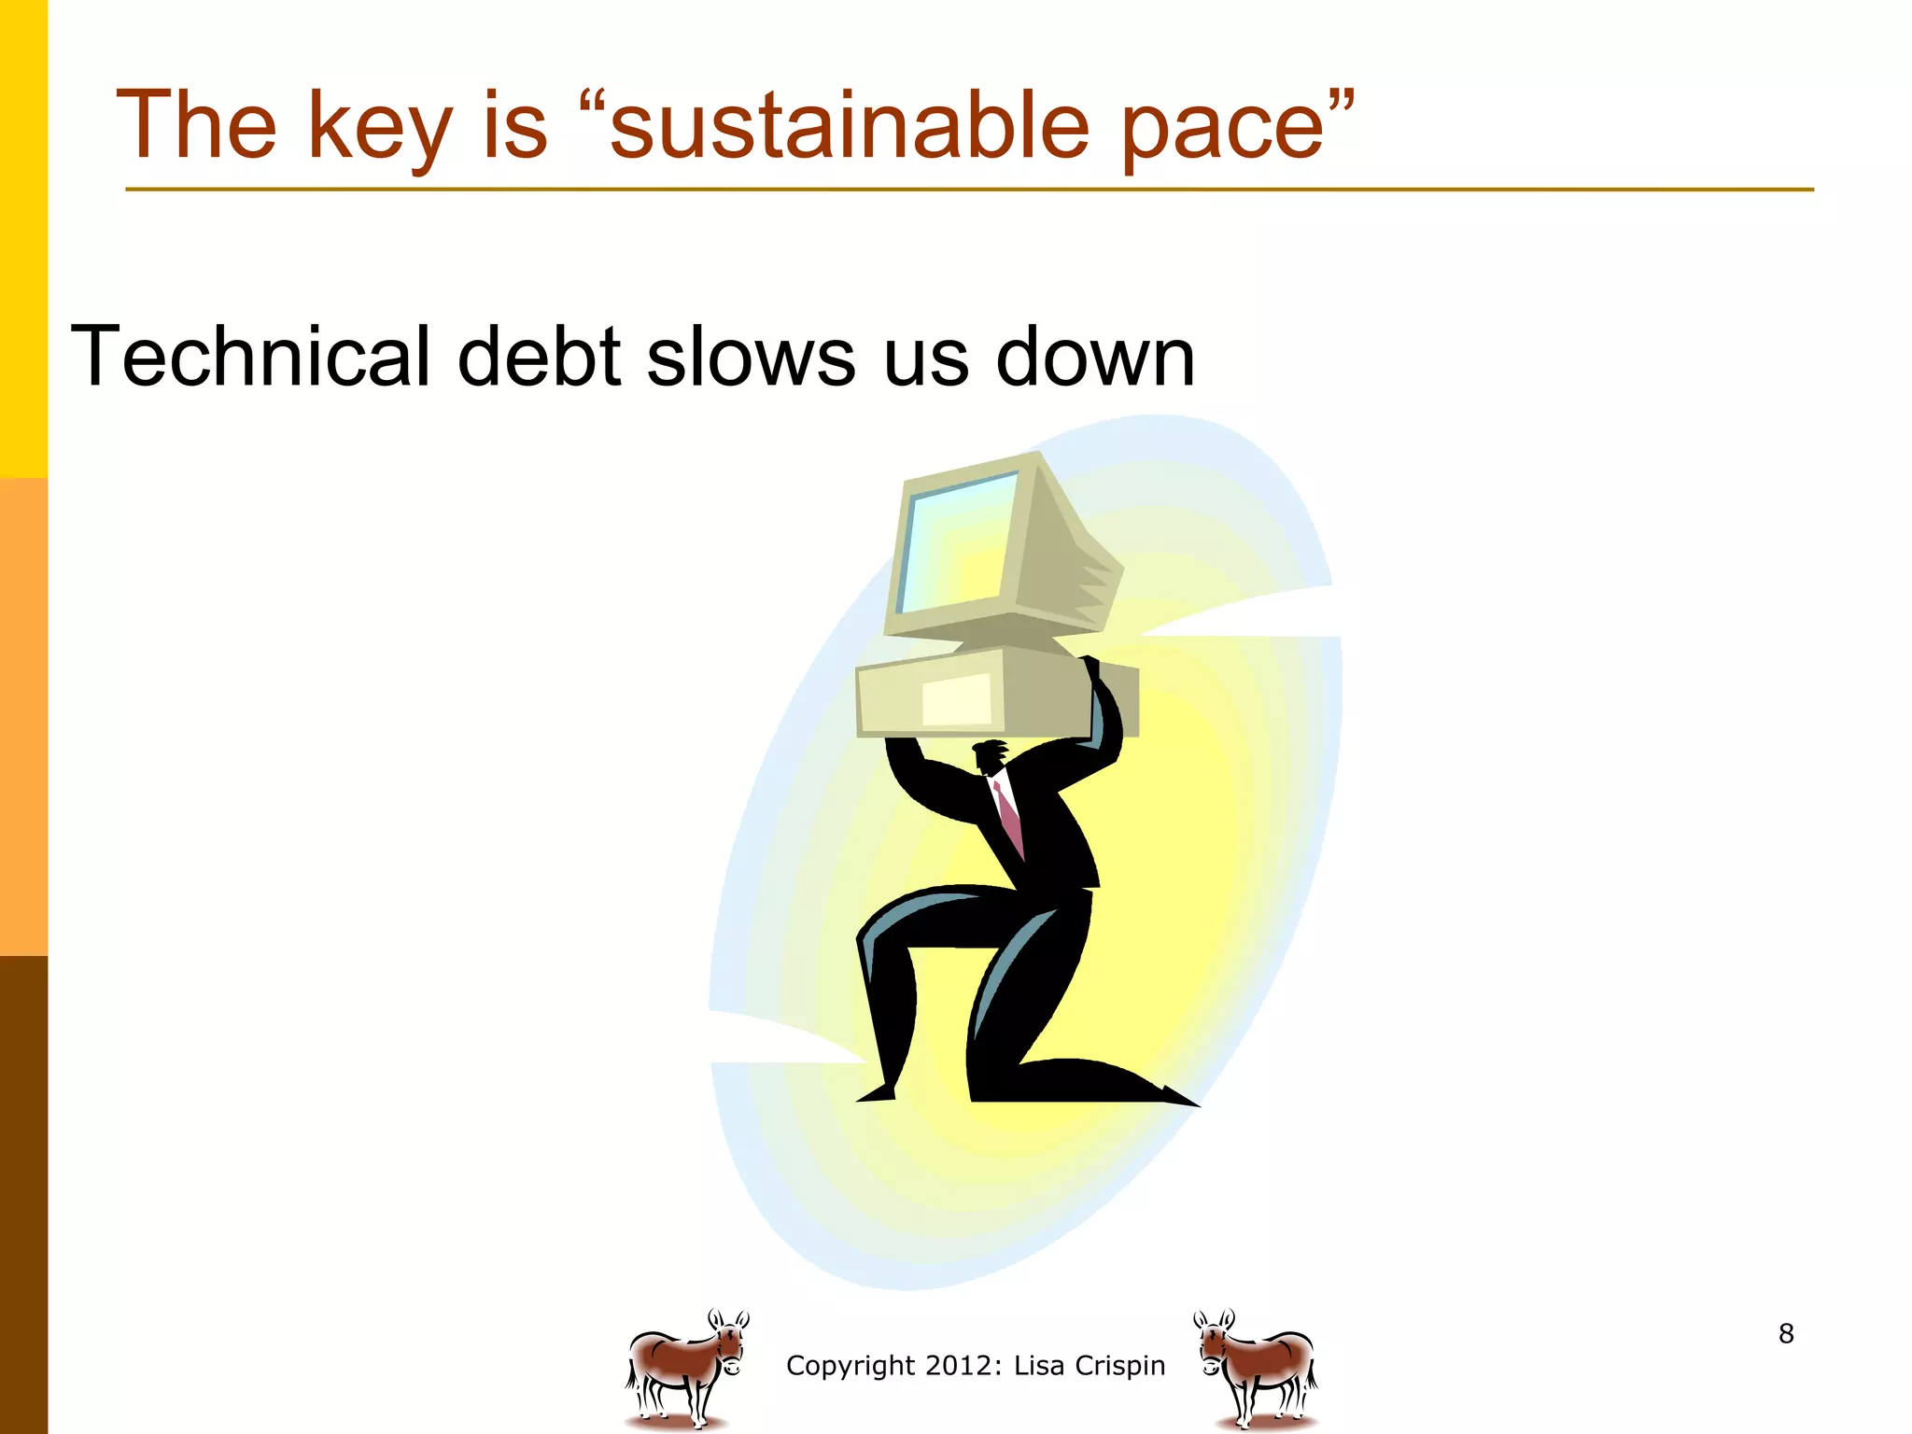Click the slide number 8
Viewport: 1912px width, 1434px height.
coord(1786,1333)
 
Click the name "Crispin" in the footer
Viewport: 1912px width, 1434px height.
coord(1119,1366)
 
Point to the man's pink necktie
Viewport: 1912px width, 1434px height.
coord(1009,818)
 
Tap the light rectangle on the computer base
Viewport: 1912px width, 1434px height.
coord(957,699)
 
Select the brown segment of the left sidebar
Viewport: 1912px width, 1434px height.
coord(23,1195)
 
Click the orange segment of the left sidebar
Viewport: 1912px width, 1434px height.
coord(23,717)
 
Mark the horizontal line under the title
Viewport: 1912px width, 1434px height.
coord(969,190)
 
